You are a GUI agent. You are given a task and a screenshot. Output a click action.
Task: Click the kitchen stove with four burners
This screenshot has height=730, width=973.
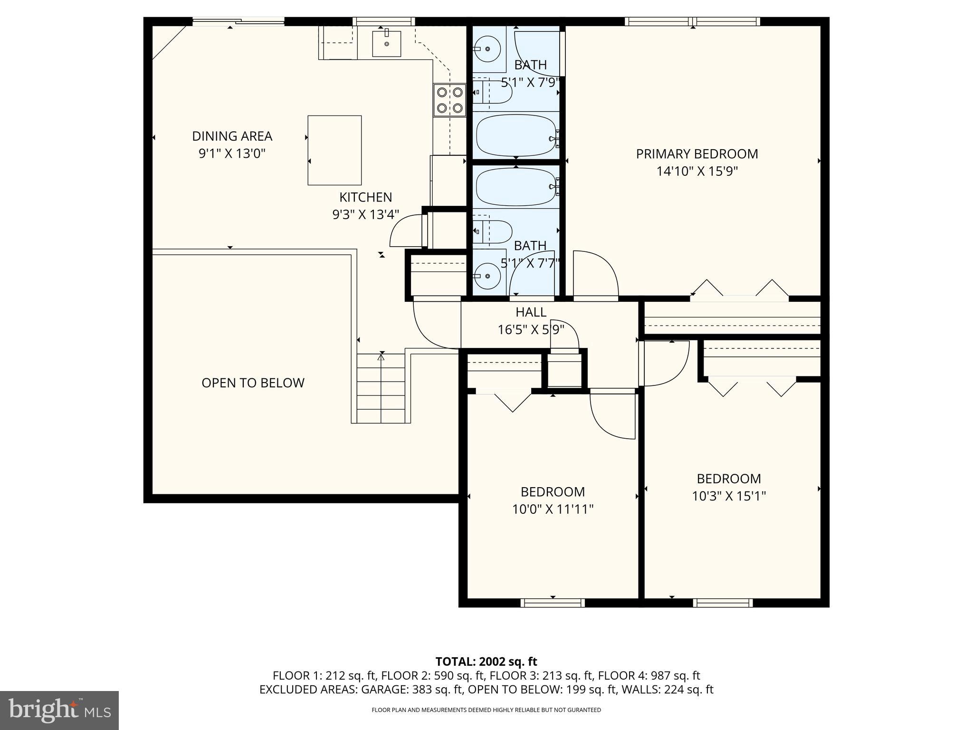449,100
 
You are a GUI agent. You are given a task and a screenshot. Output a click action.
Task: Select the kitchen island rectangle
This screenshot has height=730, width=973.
334,150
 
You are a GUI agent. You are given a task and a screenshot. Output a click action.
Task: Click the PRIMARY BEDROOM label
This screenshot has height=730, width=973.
696,154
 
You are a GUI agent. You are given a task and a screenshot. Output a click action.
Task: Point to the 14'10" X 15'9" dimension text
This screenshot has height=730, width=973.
696,171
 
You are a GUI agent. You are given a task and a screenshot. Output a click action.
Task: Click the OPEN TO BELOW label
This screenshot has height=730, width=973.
253,383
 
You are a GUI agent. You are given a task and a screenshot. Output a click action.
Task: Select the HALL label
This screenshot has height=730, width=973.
531,312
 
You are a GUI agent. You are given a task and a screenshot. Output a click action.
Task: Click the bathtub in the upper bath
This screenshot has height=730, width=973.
516,135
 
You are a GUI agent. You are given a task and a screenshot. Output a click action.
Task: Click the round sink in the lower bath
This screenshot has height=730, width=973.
487,275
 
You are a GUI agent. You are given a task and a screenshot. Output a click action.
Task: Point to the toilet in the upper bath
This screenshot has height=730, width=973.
494,92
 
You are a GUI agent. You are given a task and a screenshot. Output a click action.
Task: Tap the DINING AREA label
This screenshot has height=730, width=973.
232,136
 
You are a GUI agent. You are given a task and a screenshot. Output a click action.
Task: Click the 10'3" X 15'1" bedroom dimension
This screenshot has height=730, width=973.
728,496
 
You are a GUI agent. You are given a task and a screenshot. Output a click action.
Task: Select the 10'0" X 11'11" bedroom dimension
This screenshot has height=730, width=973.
553,509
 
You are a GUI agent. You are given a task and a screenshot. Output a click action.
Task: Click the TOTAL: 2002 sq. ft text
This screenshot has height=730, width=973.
486,662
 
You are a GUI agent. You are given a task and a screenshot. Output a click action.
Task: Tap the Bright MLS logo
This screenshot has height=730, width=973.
59,710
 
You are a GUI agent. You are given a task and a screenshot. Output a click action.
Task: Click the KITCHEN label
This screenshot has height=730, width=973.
365,197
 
